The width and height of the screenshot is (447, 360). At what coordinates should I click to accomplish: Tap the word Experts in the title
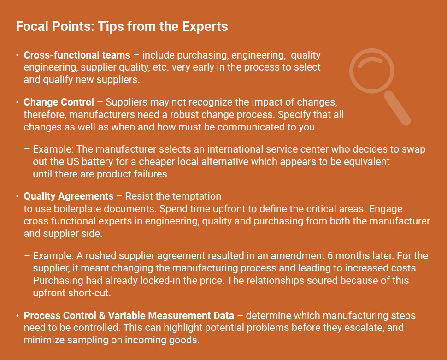pyautogui.click(x=205, y=26)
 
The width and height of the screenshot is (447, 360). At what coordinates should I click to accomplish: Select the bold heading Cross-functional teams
pyautogui.click(x=77, y=55)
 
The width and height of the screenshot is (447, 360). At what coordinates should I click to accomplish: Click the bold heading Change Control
pyautogui.click(x=59, y=102)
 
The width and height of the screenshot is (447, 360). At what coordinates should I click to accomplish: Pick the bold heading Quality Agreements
pyautogui.click(x=69, y=196)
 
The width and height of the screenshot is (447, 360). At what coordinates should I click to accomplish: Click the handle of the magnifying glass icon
pyautogui.click(x=397, y=108)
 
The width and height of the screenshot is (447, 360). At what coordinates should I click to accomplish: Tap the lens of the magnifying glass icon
pyautogui.click(x=372, y=71)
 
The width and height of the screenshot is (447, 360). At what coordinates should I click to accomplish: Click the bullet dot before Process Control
pyautogui.click(x=18, y=316)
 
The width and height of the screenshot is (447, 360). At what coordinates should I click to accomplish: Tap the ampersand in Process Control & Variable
pyautogui.click(x=102, y=315)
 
